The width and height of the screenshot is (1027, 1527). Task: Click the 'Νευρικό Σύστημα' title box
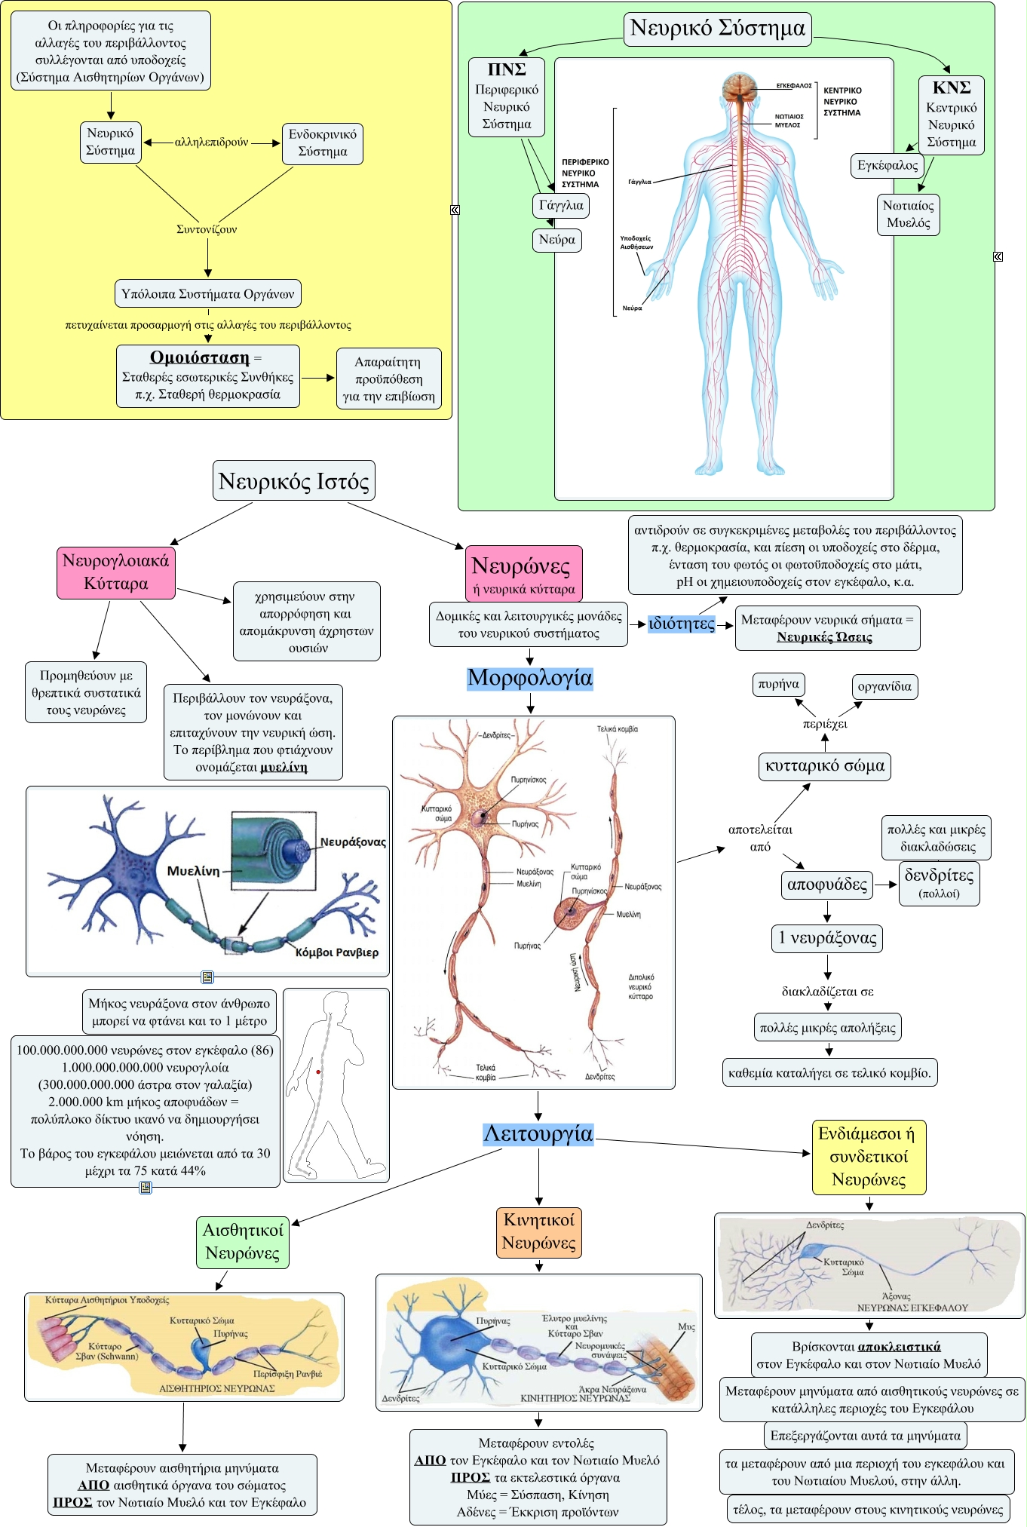[x=717, y=29]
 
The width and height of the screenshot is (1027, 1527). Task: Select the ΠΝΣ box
[x=506, y=97]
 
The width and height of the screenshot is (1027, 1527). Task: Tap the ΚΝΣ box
[x=951, y=115]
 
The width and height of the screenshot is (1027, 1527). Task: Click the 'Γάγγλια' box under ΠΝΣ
[x=560, y=205]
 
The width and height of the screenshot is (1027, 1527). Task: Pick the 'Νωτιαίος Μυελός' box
[x=908, y=214]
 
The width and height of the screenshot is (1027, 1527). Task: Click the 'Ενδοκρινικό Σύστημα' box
[x=322, y=143]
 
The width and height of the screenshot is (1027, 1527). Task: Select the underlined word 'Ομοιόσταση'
[x=199, y=357]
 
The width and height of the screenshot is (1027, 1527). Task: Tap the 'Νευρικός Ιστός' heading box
[x=293, y=481]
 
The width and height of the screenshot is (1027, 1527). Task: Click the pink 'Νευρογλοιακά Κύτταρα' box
[x=116, y=572]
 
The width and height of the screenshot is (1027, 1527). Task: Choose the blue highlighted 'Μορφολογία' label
[x=529, y=678]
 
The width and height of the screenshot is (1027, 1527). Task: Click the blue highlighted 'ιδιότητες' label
[x=681, y=624]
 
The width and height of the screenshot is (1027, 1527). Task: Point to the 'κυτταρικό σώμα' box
[x=824, y=766]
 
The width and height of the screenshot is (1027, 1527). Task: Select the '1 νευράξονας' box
[x=826, y=938]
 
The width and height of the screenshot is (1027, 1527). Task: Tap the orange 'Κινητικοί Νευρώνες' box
[x=538, y=1231]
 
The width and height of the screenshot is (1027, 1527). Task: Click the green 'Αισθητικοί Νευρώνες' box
[x=242, y=1242]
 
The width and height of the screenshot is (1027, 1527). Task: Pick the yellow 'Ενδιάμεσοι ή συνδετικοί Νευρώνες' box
[x=868, y=1157]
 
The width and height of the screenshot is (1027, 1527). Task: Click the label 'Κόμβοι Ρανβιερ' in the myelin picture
[x=336, y=952]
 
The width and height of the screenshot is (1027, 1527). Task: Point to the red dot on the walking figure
[x=318, y=1072]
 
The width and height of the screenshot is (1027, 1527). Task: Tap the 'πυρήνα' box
[x=778, y=685]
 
